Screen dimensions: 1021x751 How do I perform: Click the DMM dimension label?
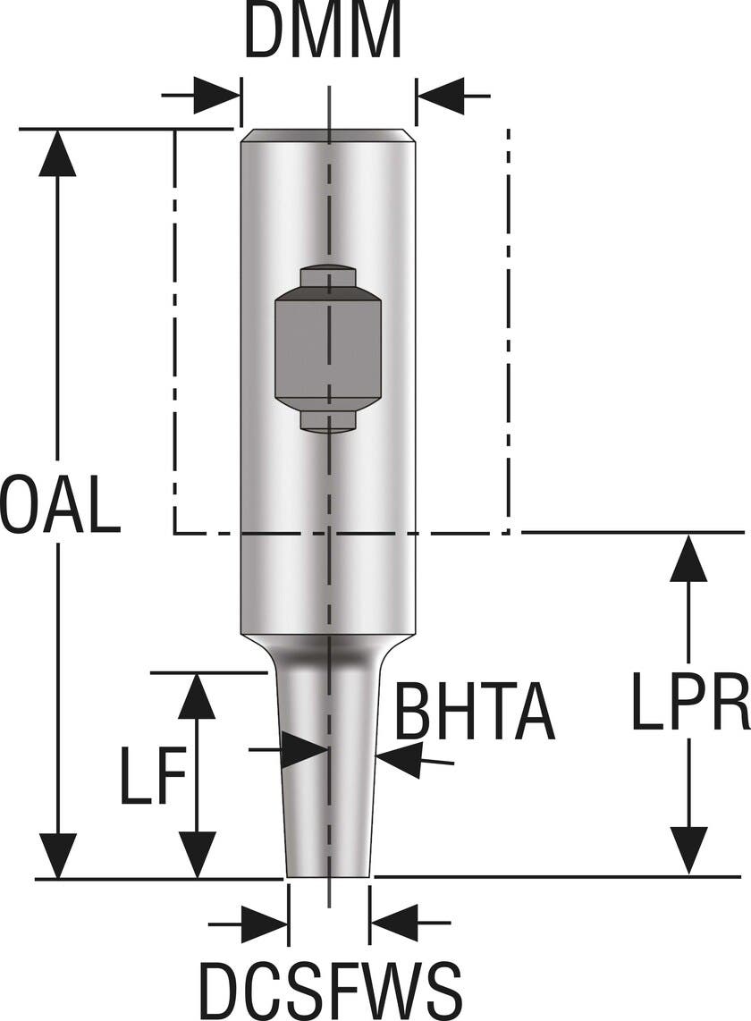[324, 32]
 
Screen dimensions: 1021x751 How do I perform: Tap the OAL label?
[60, 504]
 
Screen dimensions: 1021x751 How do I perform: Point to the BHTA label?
[475, 712]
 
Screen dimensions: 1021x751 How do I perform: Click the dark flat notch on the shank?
[328, 348]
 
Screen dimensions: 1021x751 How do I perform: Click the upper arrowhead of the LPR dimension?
[688, 558]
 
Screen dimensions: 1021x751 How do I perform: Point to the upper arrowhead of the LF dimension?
[197, 697]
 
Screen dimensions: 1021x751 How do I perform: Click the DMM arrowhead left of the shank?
[217, 96]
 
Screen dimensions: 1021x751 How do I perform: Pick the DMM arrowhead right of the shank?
[441, 96]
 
